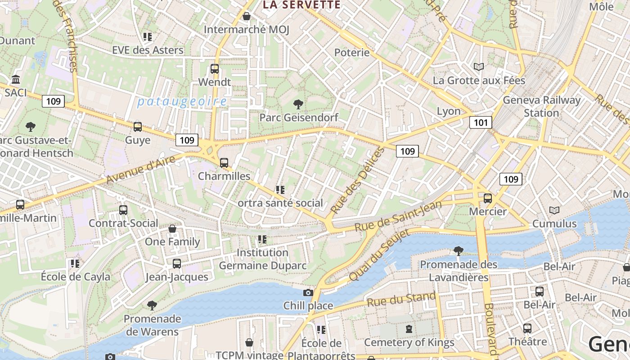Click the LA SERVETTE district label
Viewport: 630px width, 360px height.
(x=301, y=5)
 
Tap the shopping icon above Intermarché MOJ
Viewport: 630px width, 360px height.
(x=247, y=17)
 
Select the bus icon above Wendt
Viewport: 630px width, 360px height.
(x=215, y=69)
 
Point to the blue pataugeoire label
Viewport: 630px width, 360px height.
(x=182, y=102)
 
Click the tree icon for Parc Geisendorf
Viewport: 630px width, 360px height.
(x=298, y=104)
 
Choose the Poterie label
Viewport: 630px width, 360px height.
(x=352, y=53)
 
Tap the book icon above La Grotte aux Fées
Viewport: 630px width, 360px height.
(x=479, y=67)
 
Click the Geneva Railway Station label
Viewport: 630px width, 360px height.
(x=541, y=106)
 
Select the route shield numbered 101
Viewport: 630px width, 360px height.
(x=481, y=122)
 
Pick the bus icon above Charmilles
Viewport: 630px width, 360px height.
(x=224, y=162)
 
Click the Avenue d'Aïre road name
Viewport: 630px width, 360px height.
(x=141, y=169)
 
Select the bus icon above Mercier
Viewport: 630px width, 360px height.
(x=488, y=198)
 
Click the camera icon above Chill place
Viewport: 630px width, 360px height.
(x=308, y=293)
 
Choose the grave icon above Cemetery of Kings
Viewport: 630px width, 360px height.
(x=409, y=329)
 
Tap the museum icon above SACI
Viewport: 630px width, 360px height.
(x=16, y=80)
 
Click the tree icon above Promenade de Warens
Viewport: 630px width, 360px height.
(x=152, y=306)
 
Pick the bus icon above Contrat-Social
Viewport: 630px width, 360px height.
(x=123, y=210)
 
